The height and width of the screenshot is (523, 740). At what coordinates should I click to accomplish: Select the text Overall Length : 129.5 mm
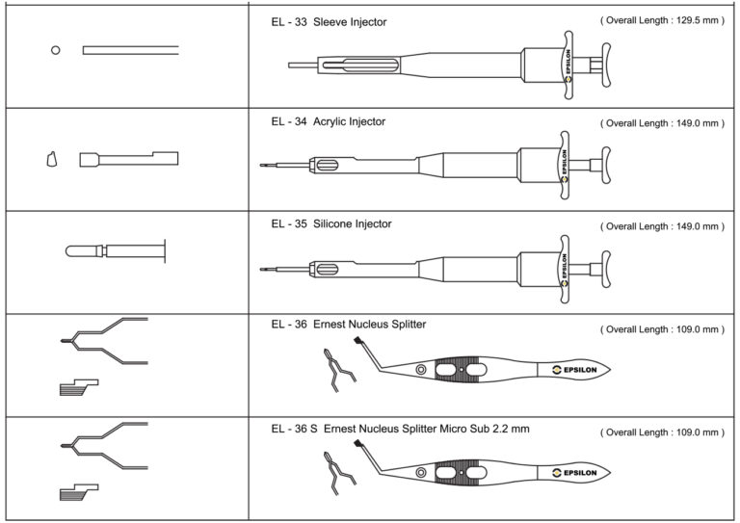(662, 21)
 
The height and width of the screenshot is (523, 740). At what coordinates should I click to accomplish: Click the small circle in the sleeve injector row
(56, 50)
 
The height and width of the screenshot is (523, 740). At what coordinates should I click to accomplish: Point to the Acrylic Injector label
(349, 122)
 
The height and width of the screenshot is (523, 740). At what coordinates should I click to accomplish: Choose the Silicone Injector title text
(352, 224)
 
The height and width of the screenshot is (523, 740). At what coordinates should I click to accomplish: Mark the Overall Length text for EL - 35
(662, 227)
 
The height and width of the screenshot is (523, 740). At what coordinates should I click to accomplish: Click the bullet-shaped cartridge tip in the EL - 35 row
(73, 251)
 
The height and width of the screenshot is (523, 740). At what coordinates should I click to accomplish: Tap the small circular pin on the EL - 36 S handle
(421, 472)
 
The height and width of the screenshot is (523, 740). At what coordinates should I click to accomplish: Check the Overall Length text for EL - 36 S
(662, 432)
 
